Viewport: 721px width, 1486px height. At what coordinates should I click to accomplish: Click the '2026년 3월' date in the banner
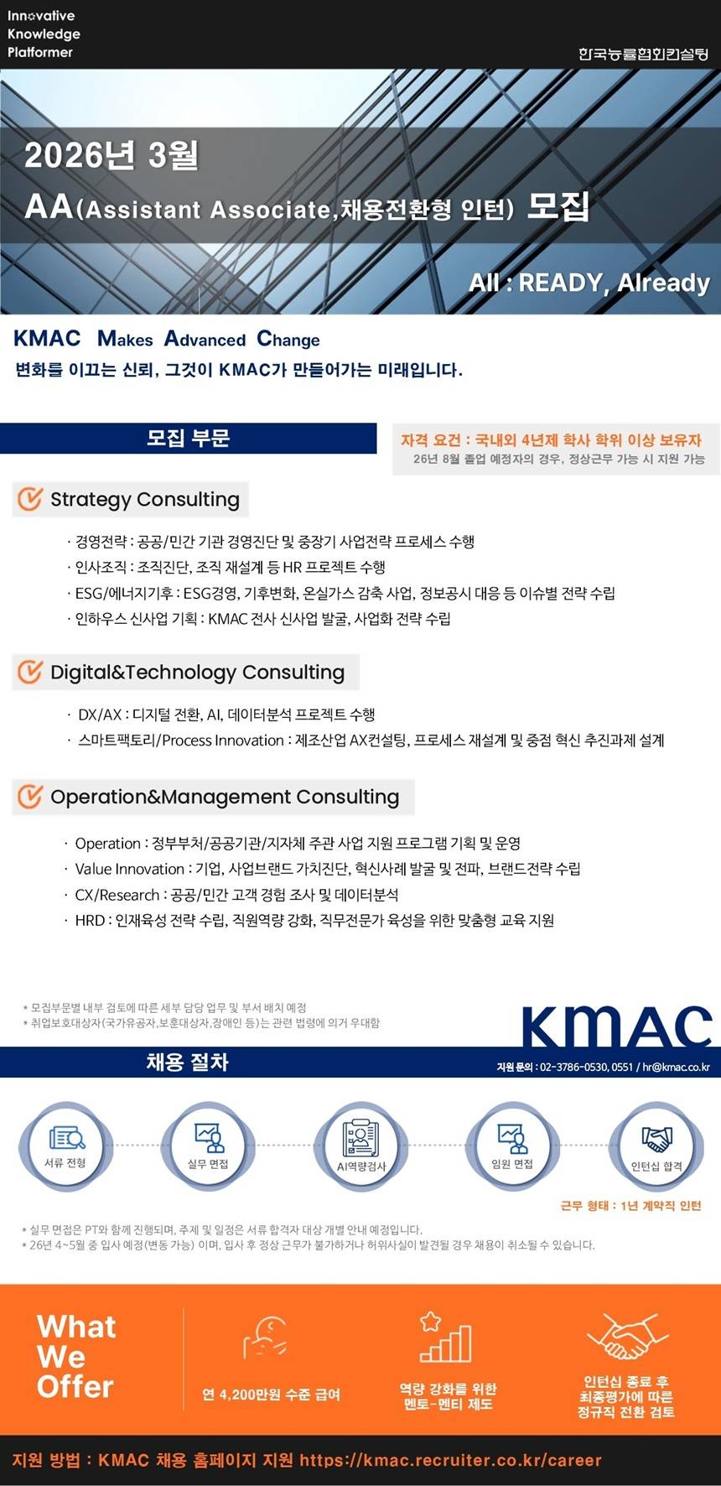(x=112, y=155)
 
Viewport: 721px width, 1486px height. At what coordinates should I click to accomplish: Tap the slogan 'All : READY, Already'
(x=589, y=283)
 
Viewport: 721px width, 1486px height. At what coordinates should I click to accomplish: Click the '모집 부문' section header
(x=188, y=438)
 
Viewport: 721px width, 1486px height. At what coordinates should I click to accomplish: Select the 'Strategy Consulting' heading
(x=144, y=500)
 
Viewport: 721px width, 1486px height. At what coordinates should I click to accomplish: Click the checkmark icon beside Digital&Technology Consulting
(x=30, y=672)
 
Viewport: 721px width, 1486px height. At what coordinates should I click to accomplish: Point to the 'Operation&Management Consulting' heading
(x=225, y=797)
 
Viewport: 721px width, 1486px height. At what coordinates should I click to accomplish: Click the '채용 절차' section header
(x=187, y=1063)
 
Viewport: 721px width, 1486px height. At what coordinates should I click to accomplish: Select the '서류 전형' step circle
(x=65, y=1146)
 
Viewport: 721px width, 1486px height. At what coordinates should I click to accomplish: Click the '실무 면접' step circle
(x=208, y=1146)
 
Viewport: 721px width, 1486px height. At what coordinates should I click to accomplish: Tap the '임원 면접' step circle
(x=511, y=1146)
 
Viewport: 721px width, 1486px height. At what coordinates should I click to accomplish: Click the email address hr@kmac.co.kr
(x=676, y=1068)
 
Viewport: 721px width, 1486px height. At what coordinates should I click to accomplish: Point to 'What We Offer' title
(x=76, y=1357)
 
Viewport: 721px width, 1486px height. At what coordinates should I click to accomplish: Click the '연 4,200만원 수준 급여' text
(x=271, y=1395)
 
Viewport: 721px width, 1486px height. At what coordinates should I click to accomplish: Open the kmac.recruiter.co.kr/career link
(x=450, y=1460)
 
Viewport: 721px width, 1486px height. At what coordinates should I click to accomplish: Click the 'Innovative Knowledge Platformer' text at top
(x=44, y=34)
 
